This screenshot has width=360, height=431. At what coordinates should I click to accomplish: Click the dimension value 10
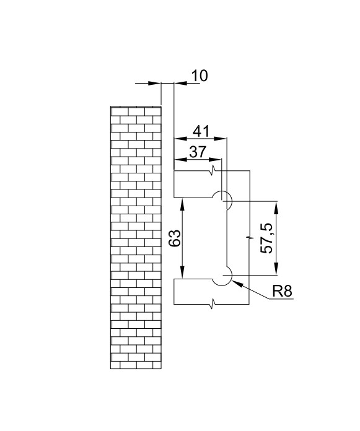coord(200,76)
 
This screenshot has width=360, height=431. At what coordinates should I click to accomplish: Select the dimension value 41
coord(201,131)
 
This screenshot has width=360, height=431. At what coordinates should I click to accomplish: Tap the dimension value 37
coord(198,152)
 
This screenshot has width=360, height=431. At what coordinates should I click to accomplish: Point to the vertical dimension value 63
coord(175,238)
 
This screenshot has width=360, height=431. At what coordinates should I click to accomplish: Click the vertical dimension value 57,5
coord(266,238)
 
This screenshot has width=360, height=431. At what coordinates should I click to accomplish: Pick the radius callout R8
coord(282,291)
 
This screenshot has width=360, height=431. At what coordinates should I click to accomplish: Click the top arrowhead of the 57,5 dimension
coord(276,207)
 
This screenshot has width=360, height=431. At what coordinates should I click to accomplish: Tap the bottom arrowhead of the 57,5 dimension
coord(276,269)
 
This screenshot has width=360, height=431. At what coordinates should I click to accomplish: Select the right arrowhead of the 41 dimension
coord(220,139)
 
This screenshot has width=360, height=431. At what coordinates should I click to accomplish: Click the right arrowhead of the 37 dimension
coord(215,159)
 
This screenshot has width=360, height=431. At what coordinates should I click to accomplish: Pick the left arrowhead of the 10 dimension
coord(154,83)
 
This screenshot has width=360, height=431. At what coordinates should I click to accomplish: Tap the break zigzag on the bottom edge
coord(213,304)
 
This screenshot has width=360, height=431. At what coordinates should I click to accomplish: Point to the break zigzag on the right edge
coord(250,237)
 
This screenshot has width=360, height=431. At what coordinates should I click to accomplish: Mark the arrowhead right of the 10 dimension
coord(180,83)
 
